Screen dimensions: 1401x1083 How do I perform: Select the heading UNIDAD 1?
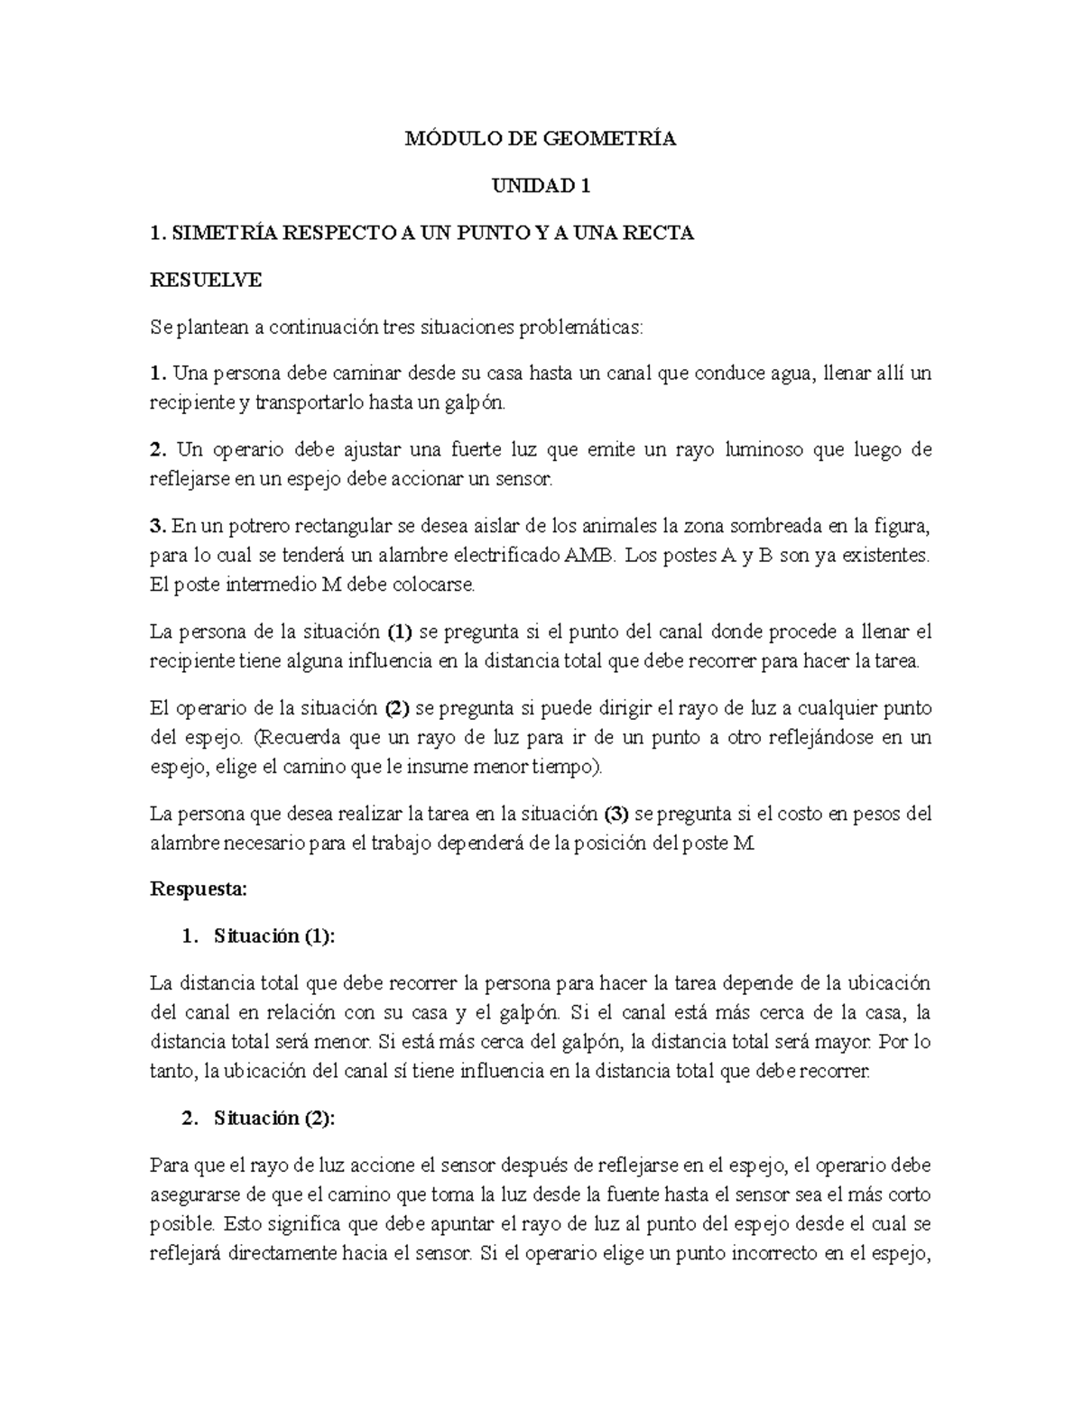click(x=540, y=186)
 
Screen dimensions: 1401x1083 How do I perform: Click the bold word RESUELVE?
click(x=205, y=280)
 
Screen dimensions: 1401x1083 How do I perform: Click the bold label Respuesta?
click(x=197, y=889)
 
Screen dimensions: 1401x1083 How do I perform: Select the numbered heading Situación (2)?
click(x=273, y=1119)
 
